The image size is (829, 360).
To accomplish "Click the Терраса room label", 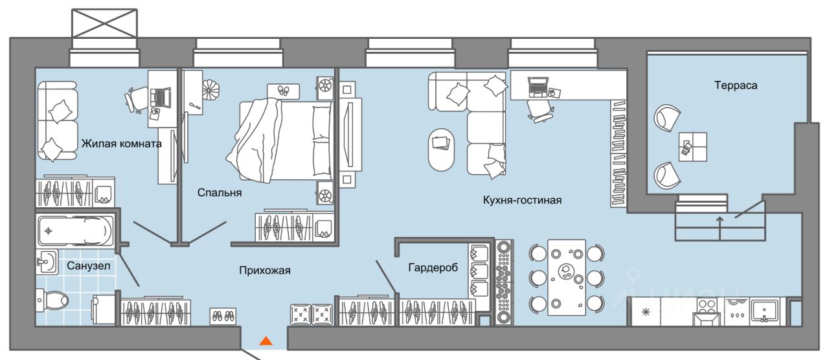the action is pos(736,85).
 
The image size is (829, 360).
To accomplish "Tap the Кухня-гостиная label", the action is pos(522,201).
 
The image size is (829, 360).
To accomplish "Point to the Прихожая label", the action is pos(263,271).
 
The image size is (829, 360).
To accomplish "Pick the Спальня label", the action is pos(220,192).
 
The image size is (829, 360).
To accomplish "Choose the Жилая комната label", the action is pos(121,143).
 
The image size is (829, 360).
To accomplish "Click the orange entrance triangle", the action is pos(266,340).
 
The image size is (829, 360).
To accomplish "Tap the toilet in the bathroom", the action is pos(54,300).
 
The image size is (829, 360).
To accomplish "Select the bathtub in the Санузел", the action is pos(74,229).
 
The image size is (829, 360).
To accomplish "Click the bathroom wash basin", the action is pos(46,262).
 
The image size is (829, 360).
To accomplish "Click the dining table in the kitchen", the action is pos(567,276).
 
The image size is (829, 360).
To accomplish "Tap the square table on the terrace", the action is pos(692,147).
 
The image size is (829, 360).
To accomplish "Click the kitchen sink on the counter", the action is pos(766,309).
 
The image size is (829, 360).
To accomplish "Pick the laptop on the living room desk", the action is pos(538,84).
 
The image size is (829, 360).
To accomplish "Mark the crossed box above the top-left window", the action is pos(104,24).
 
